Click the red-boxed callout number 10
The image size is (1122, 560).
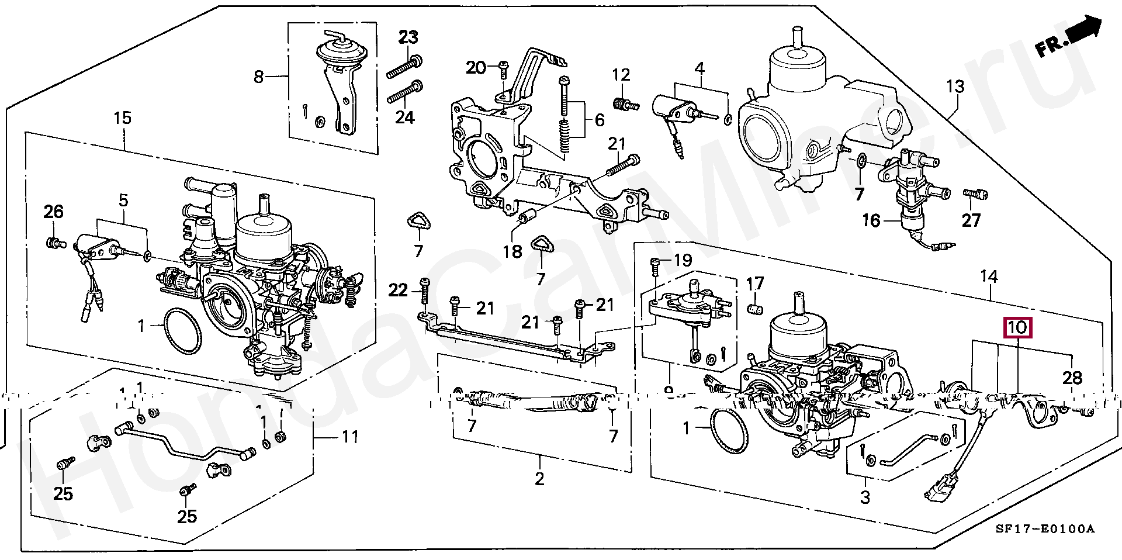(x=1017, y=327)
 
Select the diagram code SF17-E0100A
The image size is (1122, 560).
(x=1045, y=529)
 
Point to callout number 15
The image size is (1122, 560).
(x=122, y=118)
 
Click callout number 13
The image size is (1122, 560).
(x=955, y=87)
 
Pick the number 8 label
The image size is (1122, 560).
(x=259, y=77)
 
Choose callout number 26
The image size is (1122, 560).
(x=53, y=212)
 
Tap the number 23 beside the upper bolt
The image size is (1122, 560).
(x=408, y=37)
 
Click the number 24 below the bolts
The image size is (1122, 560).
(x=405, y=117)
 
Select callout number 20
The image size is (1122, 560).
(x=476, y=68)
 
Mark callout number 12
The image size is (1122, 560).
(x=621, y=75)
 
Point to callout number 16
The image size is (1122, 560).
(x=871, y=220)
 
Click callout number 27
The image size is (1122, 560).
(x=971, y=220)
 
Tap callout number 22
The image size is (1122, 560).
(x=398, y=290)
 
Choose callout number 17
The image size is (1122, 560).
(x=755, y=284)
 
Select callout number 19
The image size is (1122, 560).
(x=683, y=260)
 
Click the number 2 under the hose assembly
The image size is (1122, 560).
(x=539, y=479)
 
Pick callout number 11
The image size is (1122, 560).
(x=350, y=437)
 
